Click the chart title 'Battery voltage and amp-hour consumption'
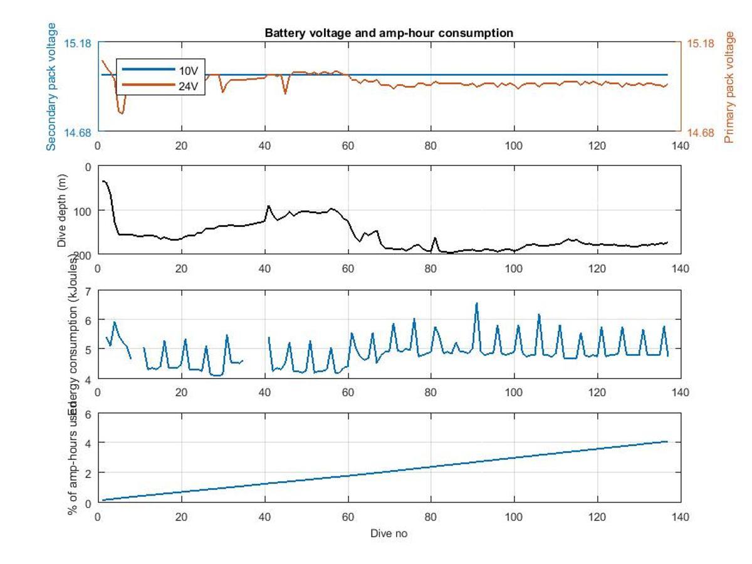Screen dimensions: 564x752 tap(389, 33)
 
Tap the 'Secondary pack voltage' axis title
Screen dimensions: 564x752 tap(51, 86)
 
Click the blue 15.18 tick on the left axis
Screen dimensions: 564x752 tap(79, 43)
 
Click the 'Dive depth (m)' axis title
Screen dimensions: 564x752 tap(62, 210)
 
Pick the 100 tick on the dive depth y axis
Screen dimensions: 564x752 tap(83, 211)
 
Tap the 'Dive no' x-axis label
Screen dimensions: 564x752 tap(389, 534)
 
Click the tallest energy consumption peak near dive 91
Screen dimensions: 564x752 tap(477, 303)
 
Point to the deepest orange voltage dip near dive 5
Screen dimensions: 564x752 tap(120, 113)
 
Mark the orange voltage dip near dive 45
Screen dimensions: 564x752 tap(285, 93)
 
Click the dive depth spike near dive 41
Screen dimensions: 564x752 tap(269, 206)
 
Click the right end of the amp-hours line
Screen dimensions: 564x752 tap(667, 441)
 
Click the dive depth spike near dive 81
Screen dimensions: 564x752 tap(435, 238)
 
